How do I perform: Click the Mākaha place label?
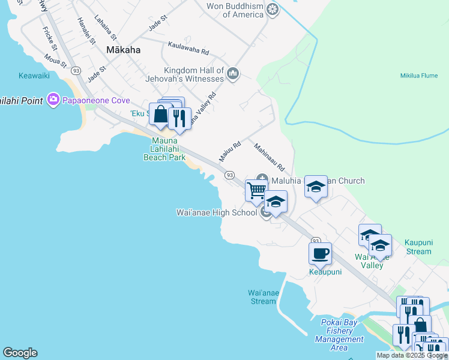pyautogui.click(x=123, y=50)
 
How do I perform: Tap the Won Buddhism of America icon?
pyautogui.click(x=273, y=10)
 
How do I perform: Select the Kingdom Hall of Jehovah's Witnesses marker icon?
pyautogui.click(x=233, y=74)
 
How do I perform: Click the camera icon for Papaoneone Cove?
pyautogui.click(x=53, y=99)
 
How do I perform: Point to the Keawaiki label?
pyautogui.click(x=34, y=76)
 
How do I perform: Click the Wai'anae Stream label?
pyautogui.click(x=262, y=297)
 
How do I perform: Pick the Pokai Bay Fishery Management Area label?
pyautogui.click(x=339, y=335)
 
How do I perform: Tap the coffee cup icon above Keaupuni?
pyautogui.click(x=320, y=253)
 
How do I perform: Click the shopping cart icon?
pyautogui.click(x=256, y=190)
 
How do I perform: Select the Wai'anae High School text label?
pyautogui.click(x=216, y=212)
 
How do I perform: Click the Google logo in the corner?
pyautogui.click(x=20, y=353)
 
